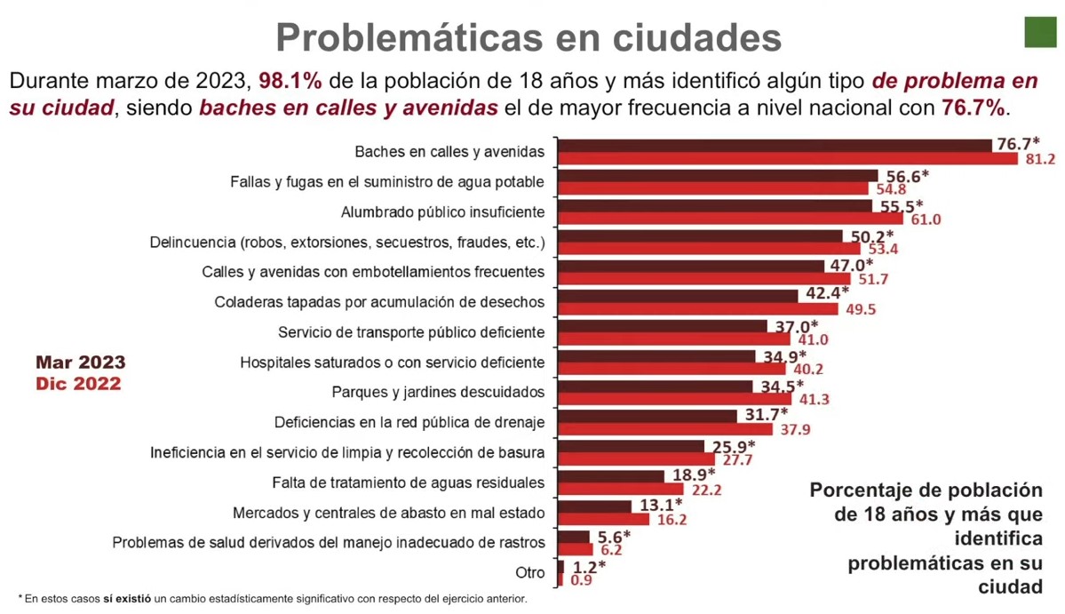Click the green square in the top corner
(1040, 32)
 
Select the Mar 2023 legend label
(81, 363)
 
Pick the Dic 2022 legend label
(78, 384)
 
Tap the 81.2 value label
(1038, 159)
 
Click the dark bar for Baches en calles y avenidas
(774, 146)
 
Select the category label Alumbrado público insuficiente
(442, 212)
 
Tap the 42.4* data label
(827, 292)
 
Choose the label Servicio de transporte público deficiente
(411, 332)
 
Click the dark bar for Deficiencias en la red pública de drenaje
(648, 416)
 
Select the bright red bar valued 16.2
(606, 519)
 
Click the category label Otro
(530, 572)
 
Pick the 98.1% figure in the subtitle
(290, 81)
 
